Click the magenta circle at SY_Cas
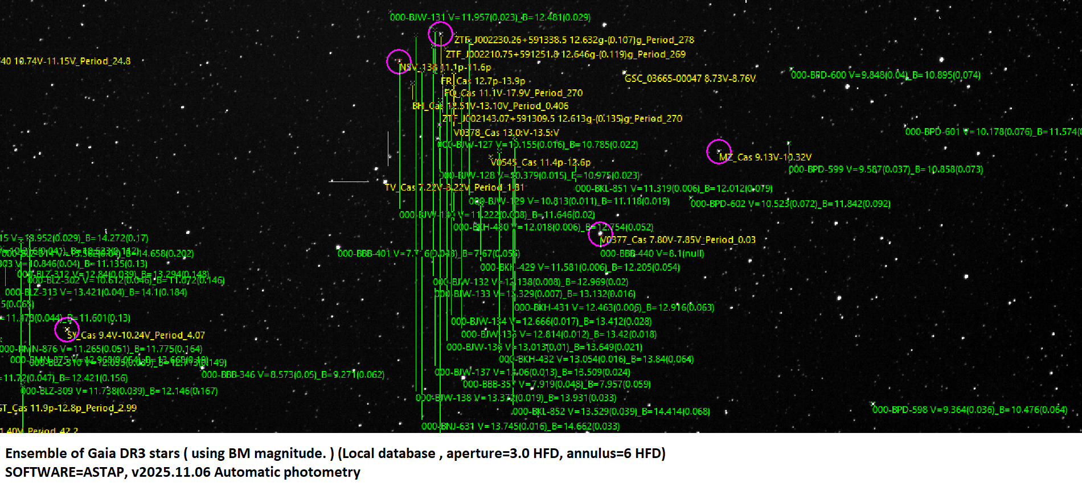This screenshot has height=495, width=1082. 67,329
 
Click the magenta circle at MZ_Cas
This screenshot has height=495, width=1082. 719,151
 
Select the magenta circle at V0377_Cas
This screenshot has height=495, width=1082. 600,234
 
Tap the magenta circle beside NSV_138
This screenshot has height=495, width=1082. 399,61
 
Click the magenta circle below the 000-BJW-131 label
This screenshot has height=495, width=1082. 440,34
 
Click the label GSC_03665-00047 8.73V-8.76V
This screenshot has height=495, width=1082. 690,79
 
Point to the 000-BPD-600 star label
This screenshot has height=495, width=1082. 886,75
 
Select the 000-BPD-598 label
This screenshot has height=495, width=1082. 969,410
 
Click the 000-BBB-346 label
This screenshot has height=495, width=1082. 293,374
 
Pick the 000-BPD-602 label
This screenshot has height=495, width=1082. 790,204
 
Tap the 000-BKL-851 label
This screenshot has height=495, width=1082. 674,188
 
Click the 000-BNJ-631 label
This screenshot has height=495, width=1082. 520,426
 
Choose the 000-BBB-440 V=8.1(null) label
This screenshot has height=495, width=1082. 652,254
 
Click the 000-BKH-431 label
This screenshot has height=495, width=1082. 614,308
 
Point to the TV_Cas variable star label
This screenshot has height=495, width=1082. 454,187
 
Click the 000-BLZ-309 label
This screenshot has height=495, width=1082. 119,391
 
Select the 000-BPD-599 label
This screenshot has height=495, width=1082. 886,170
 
